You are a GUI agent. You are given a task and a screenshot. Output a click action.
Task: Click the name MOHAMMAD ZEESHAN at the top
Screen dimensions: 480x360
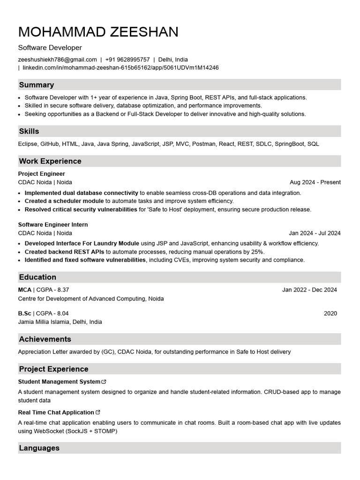coord(98,32)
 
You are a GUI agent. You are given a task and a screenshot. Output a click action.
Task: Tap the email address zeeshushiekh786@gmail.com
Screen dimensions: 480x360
coord(58,60)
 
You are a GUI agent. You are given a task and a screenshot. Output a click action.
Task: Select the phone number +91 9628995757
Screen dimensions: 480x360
coord(127,60)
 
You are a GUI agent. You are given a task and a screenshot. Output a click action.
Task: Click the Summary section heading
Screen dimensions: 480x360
coord(36,85)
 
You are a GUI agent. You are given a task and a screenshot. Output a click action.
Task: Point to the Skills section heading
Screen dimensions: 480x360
coord(29,131)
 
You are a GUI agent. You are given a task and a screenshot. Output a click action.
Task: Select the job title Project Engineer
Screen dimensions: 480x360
coord(41,174)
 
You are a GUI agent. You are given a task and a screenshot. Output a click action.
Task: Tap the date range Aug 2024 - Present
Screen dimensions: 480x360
coord(315,182)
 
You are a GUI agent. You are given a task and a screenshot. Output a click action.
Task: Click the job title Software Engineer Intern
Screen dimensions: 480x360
coord(53,225)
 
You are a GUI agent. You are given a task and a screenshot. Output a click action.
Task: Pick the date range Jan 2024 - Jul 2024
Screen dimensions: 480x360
coord(315,233)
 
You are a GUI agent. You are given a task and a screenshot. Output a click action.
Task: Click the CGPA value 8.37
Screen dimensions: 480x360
coord(63,290)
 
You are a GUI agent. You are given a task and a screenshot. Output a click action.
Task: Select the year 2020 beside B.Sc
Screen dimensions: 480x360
coord(330,314)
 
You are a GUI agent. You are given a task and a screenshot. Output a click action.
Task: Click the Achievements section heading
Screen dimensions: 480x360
coord(45,339)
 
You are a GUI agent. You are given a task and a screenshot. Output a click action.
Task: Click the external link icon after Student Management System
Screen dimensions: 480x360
coord(104,382)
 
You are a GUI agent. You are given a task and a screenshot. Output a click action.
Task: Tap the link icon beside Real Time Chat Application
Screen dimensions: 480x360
coord(98,412)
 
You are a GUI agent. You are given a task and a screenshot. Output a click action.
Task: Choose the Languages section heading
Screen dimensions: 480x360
coord(39,448)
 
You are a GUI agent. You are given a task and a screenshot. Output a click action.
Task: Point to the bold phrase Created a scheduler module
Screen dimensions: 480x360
coord(64,201)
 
